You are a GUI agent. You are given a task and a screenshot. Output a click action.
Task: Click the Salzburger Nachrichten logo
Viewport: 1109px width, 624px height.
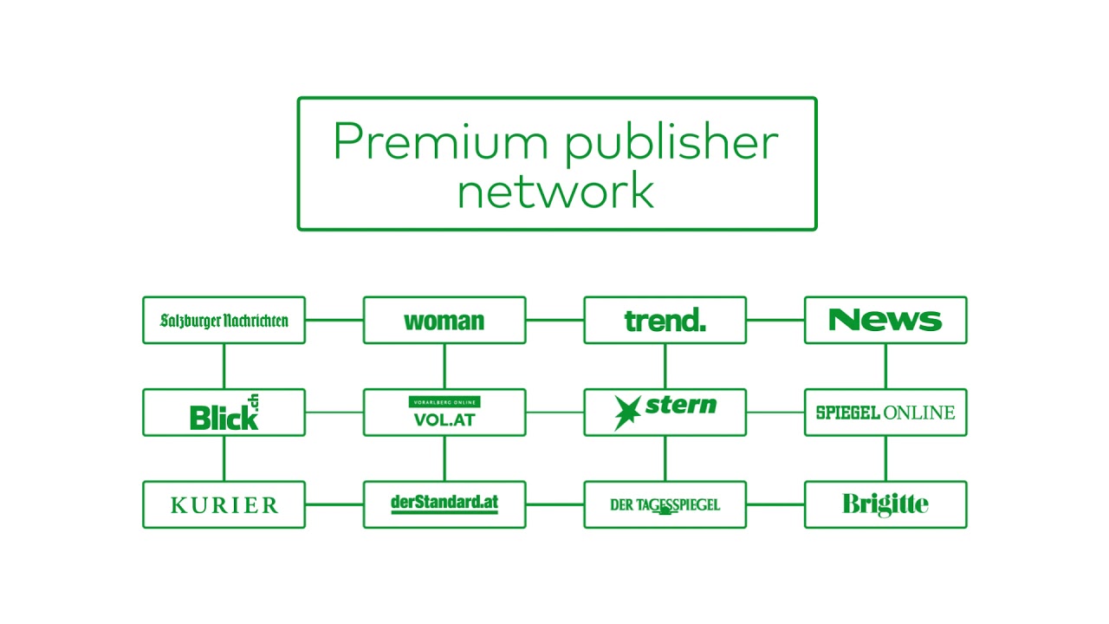224,321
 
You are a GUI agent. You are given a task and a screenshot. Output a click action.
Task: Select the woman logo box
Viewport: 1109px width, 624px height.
444,321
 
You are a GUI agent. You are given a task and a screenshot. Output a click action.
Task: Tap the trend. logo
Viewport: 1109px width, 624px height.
665,321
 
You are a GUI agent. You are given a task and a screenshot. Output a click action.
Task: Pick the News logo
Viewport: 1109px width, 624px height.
885,321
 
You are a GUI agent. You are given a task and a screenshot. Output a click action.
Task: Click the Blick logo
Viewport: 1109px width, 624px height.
224,413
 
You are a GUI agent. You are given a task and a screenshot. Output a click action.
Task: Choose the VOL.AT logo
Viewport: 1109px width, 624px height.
444,413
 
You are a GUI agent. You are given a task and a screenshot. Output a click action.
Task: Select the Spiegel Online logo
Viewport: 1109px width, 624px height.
885,413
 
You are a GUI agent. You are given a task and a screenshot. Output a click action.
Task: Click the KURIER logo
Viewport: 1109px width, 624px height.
224,504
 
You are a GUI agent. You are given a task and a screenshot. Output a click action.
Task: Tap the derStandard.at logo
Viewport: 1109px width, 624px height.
444,503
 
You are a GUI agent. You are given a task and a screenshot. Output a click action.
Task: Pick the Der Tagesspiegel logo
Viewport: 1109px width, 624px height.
665,504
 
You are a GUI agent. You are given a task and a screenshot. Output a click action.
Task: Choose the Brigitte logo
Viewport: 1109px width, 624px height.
885,504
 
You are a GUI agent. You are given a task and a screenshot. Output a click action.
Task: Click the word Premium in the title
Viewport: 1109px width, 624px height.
443,142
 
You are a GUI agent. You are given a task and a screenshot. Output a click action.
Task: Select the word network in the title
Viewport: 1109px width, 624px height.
555,191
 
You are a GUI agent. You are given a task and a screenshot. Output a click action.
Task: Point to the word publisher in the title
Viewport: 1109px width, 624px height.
671,144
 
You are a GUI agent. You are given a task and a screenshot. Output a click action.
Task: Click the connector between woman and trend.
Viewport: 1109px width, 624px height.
554,320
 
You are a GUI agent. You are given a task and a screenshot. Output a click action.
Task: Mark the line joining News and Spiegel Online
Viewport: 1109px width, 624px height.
885,367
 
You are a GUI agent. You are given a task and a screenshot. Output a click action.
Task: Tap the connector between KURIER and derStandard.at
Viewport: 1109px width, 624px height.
334,504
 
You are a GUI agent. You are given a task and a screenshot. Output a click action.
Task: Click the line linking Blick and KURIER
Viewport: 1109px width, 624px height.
224,458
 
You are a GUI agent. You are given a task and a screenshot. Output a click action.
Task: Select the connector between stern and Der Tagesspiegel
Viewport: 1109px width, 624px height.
665,458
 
